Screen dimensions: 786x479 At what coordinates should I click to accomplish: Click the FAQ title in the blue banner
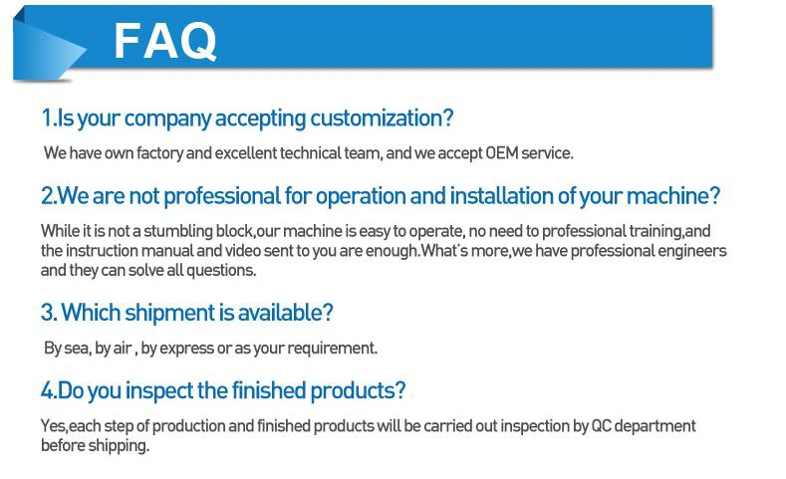point(165,42)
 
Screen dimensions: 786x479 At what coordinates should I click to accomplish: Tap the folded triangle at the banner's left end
point(48,49)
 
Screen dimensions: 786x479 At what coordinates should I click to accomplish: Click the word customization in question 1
point(382,119)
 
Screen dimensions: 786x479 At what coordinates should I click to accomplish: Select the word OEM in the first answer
point(501,152)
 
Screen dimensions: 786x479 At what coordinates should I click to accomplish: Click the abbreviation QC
point(601,426)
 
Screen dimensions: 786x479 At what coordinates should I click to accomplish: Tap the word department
point(655,427)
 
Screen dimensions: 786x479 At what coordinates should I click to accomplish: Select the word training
point(656,231)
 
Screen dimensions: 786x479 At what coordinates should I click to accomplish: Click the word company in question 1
point(167,120)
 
